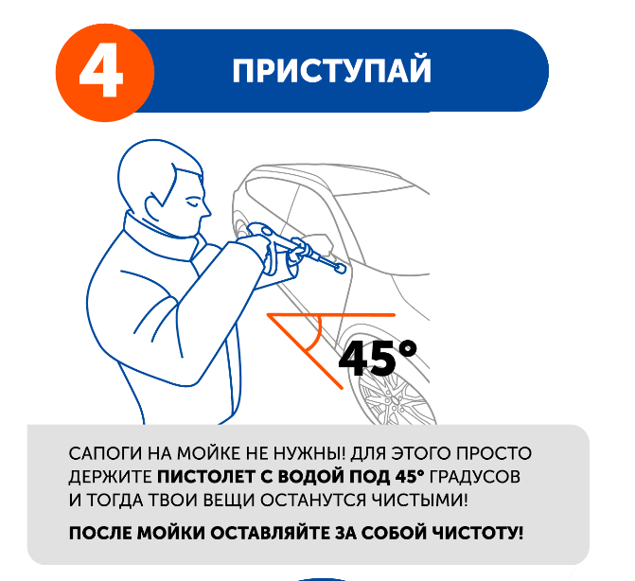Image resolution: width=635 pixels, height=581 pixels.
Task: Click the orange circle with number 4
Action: click(x=105, y=73)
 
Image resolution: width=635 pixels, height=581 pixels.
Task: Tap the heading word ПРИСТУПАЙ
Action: click(x=331, y=71)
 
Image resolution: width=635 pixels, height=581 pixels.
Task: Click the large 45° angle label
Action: click(x=378, y=358)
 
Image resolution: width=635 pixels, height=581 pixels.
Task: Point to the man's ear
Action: click(x=154, y=205)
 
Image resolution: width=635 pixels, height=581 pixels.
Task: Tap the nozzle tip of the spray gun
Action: click(x=340, y=268)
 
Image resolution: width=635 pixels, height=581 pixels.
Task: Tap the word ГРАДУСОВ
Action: click(x=475, y=477)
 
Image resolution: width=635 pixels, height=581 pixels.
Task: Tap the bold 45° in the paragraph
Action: click(x=410, y=477)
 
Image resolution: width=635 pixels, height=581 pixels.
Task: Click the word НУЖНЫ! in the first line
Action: click(x=309, y=453)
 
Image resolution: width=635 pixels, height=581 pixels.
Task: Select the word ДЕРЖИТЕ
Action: click(x=110, y=477)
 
